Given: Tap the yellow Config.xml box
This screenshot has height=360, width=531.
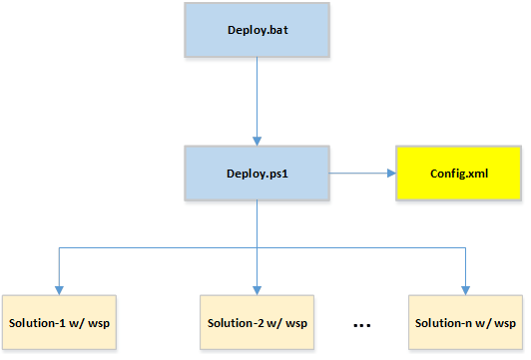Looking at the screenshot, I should coord(459,173).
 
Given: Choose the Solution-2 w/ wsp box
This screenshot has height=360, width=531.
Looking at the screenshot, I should coord(258,324).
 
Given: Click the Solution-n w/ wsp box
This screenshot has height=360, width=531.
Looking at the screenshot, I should coord(467,324).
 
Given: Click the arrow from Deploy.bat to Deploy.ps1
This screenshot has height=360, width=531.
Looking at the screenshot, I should coord(258,100).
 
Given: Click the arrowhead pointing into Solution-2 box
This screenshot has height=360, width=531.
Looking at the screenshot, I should coord(258,289).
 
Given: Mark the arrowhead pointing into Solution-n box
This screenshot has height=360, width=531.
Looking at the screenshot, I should coord(467,289).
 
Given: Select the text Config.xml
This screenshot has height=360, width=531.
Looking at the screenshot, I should coord(459,173).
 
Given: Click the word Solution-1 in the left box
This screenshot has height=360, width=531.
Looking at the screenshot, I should coord(37,324).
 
